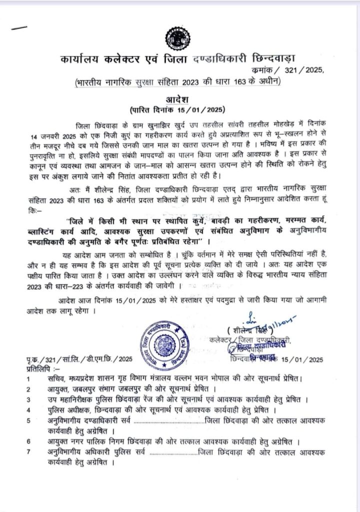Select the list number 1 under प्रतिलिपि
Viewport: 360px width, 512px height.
pyautogui.click(x=29, y=379)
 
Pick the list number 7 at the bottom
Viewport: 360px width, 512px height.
pyautogui.click(x=29, y=452)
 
